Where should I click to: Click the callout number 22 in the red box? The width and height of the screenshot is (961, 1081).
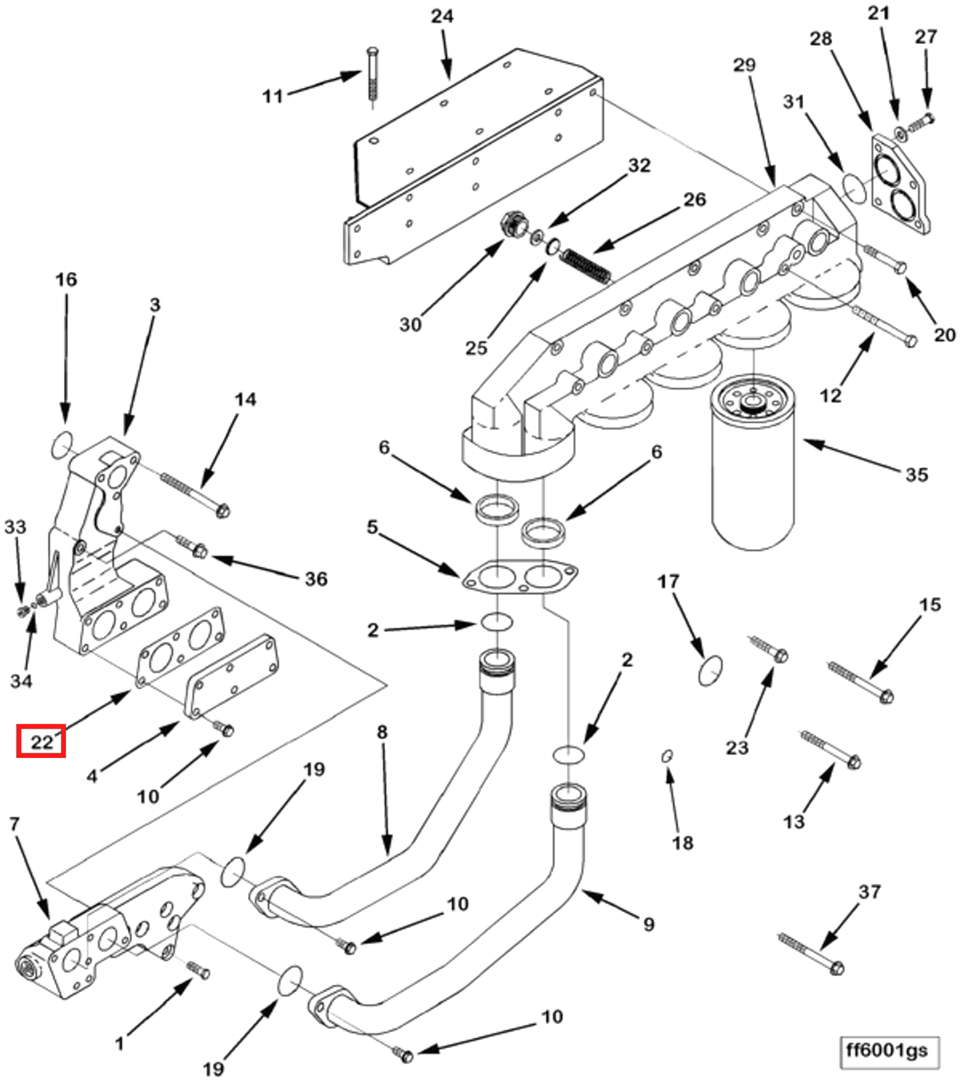[x=41, y=742]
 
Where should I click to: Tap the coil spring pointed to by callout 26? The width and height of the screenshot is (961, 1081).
[x=585, y=267]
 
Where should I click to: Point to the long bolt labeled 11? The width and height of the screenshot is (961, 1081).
[x=372, y=77]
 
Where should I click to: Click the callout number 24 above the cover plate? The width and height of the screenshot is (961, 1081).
[x=442, y=16]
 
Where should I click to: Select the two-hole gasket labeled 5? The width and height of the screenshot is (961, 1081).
[x=519, y=576]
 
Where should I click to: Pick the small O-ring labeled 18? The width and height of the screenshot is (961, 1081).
[x=667, y=756]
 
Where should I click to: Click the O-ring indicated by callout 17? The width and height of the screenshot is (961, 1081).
[x=710, y=670]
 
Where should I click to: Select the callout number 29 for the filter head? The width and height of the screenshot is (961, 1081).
[x=744, y=65]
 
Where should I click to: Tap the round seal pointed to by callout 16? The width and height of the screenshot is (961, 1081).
[x=62, y=444]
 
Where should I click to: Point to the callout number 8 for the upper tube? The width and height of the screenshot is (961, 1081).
[x=382, y=732]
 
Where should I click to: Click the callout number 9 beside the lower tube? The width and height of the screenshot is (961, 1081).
[x=648, y=924]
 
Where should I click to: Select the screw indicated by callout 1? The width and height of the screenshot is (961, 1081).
[x=198, y=969]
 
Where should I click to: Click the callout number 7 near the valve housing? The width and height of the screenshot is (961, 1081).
[x=14, y=824]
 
